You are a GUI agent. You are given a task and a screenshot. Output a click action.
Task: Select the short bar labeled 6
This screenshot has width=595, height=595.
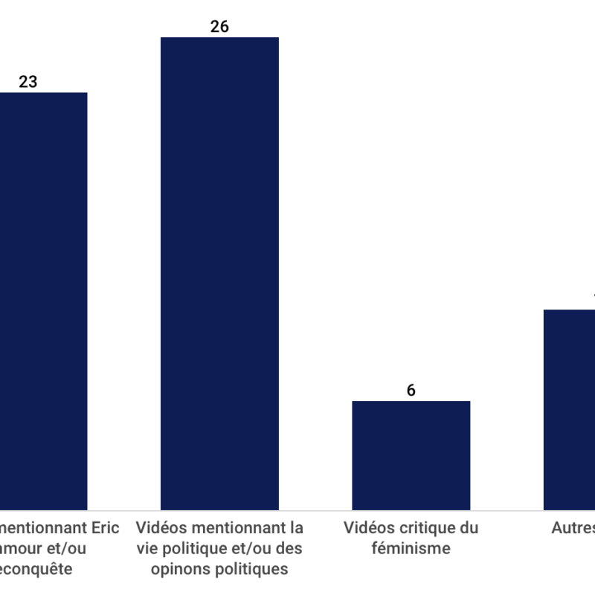click(411, 454)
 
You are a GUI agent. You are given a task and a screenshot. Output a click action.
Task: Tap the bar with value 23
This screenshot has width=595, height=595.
click(43, 300)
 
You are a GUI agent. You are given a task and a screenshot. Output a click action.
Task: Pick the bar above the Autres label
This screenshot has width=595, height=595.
click(569, 409)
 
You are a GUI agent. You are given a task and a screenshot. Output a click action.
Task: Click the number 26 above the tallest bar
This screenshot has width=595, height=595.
click(219, 27)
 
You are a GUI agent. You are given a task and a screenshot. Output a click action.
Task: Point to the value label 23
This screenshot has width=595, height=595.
click(28, 82)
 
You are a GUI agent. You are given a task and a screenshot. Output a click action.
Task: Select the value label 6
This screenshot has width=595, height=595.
click(411, 390)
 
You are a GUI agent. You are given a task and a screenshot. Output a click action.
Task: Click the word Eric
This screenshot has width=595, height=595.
click(105, 529)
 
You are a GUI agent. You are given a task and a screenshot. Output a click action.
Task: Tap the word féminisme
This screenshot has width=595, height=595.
click(411, 550)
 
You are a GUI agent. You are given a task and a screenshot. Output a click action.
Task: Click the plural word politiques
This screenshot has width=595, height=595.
click(252, 570)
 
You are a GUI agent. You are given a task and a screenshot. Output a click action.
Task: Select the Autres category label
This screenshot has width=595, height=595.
click(573, 529)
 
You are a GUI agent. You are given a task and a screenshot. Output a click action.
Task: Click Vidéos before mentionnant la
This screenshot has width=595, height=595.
click(161, 529)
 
